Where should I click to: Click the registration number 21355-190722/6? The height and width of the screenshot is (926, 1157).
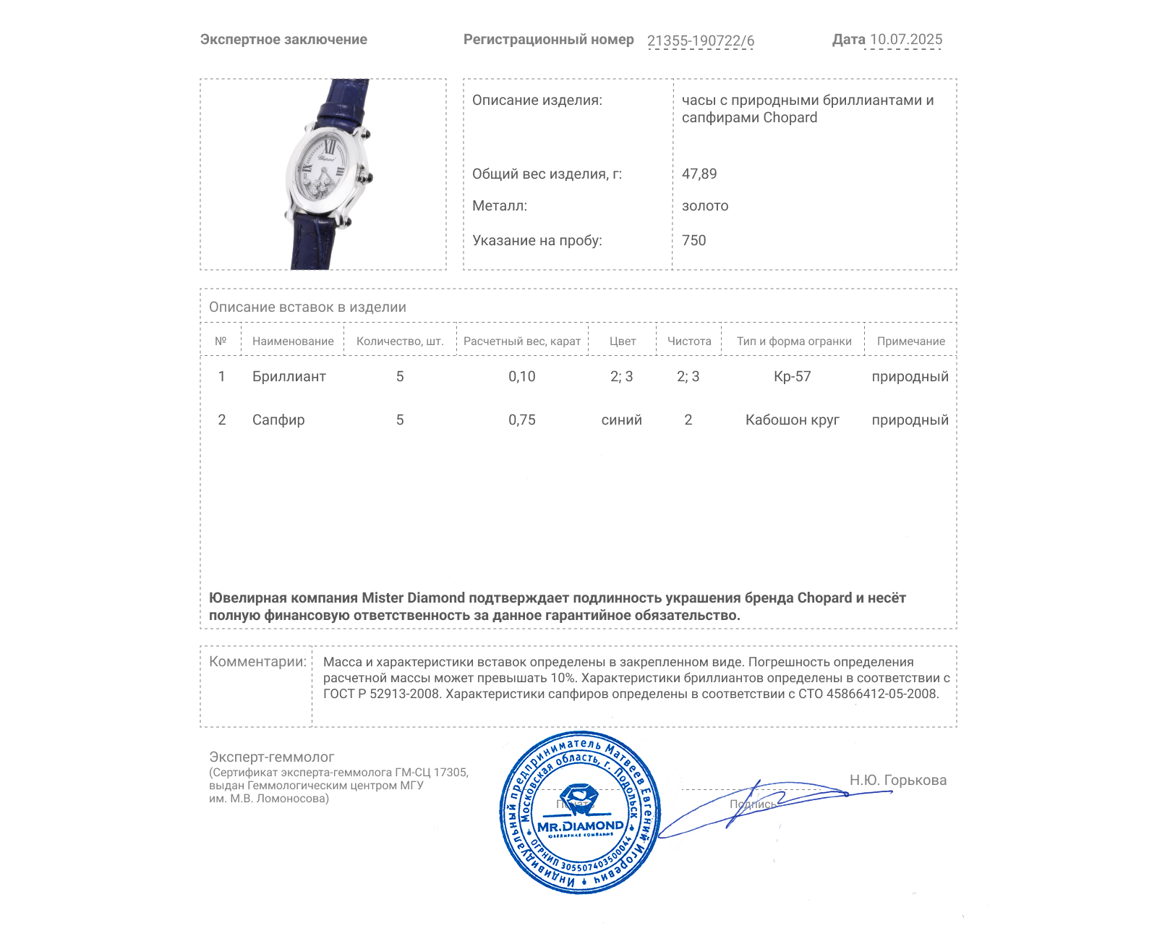(700, 41)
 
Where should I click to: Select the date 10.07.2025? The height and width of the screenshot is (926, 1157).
(905, 40)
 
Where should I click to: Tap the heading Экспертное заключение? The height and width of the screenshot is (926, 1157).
(283, 40)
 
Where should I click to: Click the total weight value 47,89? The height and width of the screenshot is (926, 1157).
(699, 174)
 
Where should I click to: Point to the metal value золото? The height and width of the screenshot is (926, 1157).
(705, 206)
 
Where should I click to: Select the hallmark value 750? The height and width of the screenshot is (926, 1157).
(693, 241)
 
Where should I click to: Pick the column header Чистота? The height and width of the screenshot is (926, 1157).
(688, 341)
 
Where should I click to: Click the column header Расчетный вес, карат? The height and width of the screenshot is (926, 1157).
(521, 341)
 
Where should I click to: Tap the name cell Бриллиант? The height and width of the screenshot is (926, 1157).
(289, 377)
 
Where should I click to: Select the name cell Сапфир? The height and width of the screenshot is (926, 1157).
(278, 420)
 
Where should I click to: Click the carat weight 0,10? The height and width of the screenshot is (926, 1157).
(521, 377)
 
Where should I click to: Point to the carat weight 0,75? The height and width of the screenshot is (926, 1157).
(521, 420)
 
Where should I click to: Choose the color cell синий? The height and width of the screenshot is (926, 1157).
(621, 420)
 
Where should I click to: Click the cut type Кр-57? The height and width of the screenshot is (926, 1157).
(792, 377)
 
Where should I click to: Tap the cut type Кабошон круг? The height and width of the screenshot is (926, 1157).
(792, 420)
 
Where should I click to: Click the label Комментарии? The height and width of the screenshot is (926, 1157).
(257, 662)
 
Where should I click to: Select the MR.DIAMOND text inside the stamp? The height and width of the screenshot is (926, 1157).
(580, 826)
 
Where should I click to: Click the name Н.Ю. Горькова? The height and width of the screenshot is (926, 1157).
(897, 781)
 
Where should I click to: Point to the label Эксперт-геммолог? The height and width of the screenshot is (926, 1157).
(271, 757)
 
